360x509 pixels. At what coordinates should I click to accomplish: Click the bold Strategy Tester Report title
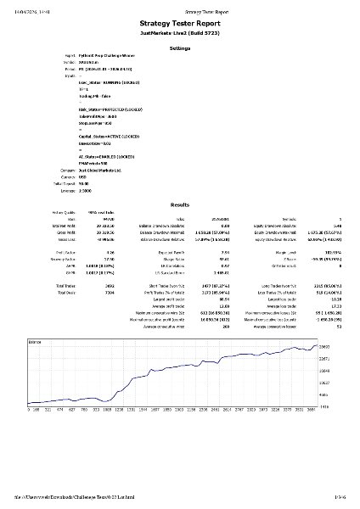click(179, 26)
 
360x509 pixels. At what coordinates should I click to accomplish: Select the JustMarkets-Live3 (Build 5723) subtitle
click(179, 38)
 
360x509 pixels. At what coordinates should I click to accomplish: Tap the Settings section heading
click(179, 51)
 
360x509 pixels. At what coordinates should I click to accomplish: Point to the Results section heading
click(179, 205)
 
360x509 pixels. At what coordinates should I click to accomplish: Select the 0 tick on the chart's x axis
click(31, 408)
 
